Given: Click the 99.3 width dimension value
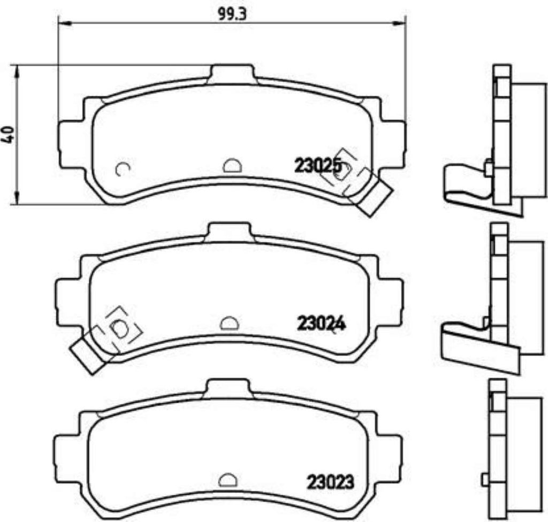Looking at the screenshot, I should [x=231, y=14].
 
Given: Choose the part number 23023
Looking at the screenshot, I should [x=330, y=482].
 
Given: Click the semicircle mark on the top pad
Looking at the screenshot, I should [x=232, y=166].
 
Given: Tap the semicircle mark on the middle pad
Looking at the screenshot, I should [x=230, y=323].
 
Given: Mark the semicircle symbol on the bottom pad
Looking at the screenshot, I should [x=228, y=479].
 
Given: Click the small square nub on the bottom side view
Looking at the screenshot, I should [x=485, y=478].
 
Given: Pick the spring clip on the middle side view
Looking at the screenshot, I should [x=471, y=342].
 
